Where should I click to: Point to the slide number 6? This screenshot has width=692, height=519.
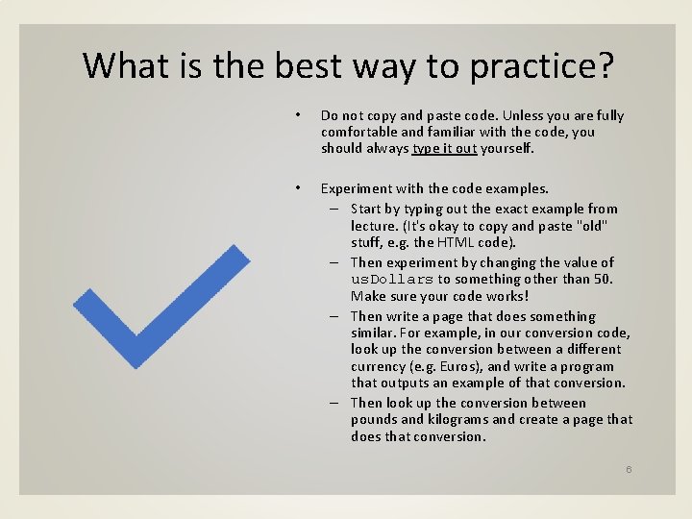point(629,469)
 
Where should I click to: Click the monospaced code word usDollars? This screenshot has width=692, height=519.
point(392,280)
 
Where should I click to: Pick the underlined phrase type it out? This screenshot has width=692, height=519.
point(444,148)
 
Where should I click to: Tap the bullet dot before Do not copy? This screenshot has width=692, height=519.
point(299,115)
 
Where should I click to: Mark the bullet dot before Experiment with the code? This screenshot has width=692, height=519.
point(299,188)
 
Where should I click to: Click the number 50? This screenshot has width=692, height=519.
point(604,279)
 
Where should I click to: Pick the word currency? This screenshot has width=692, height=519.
point(380,366)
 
